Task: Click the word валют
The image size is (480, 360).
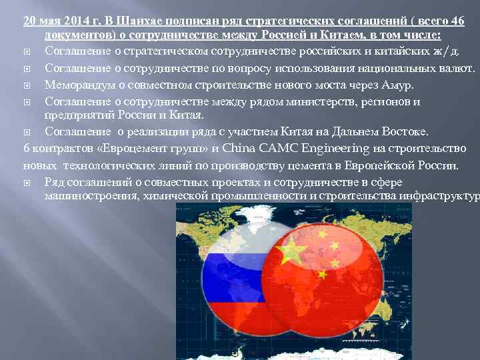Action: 458,69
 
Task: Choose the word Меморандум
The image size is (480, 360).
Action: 78,85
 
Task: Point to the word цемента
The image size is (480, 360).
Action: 307,164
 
